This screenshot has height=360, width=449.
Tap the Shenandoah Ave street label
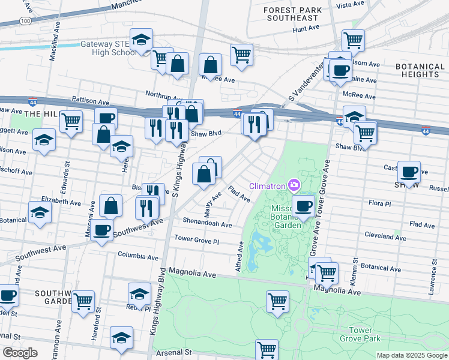pos(207,224)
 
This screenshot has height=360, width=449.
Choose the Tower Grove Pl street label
pos(197,239)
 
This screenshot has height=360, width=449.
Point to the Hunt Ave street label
pos(306,28)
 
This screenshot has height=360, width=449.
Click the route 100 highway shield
pos(25,20)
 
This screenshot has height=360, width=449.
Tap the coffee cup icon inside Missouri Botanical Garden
pos(304,206)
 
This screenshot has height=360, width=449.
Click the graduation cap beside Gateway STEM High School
pos(141,40)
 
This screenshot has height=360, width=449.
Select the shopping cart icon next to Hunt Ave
pos(353,41)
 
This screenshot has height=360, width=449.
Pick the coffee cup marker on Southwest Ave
pos(102,229)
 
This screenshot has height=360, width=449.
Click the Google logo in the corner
pos(20,353)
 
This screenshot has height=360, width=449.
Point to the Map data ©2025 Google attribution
pos(411,355)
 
